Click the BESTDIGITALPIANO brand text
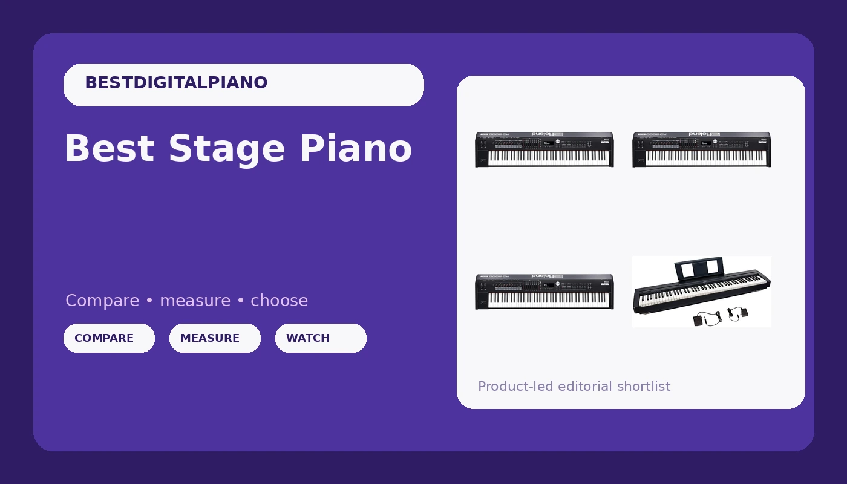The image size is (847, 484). [176, 83]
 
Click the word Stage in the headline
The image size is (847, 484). [226, 149]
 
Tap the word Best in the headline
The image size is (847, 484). [110, 148]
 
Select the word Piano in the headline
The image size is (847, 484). [356, 148]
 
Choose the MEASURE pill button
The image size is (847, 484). [215, 338]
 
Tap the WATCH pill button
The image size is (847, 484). [321, 338]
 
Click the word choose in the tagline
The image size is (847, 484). [279, 301]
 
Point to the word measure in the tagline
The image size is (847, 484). [195, 301]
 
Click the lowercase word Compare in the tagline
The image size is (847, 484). [102, 301]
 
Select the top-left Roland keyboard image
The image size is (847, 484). [544, 149]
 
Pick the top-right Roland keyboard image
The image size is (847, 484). [702, 149]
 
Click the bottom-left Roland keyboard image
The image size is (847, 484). [544, 292]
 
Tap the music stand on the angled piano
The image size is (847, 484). [699, 269]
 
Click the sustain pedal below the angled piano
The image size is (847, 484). [703, 319]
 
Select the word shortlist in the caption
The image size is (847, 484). [644, 386]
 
